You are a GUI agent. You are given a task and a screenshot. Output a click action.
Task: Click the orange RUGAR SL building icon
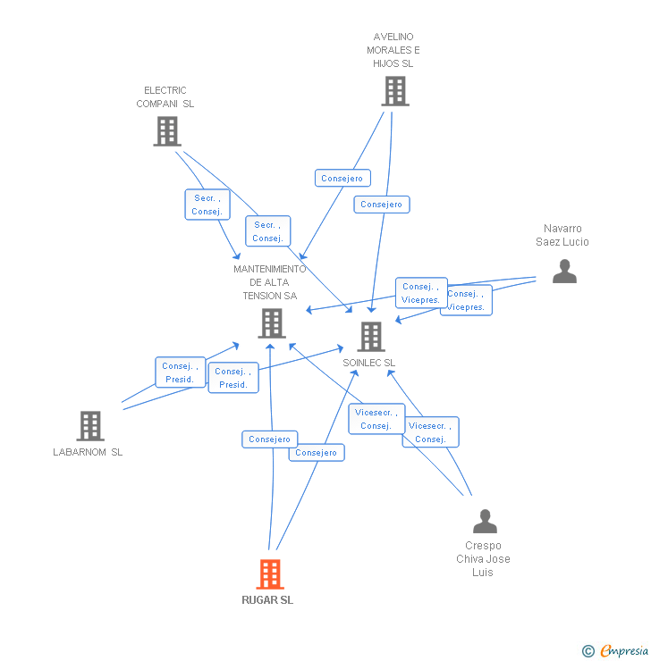pos(270,574)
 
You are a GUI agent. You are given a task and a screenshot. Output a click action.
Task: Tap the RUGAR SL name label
pos(267,600)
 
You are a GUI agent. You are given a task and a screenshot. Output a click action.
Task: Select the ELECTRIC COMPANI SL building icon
pos(166,131)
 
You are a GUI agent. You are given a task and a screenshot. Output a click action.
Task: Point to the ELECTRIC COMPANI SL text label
pos(165,97)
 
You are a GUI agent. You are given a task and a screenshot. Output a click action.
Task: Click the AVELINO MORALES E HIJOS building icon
pos(394,91)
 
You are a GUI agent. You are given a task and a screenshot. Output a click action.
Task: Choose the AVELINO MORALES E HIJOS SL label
pos(393,50)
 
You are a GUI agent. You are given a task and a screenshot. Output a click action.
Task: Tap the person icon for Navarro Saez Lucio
pos(564,271)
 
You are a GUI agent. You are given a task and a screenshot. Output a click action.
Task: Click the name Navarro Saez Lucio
pos(562,235)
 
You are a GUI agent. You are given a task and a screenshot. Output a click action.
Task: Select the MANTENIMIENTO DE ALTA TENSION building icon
pos(272,323)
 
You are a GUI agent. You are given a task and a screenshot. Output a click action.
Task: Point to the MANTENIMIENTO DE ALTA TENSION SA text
pos(270,282)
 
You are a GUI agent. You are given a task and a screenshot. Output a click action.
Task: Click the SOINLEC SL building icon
pos(371,337)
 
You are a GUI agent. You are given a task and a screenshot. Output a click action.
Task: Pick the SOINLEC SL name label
pos(368,363)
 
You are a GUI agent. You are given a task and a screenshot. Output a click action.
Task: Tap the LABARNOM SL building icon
pos(90,426)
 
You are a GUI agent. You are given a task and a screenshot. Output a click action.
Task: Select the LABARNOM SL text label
pos(88,452)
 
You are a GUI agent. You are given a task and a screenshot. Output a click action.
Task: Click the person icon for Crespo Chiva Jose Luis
pos(485,521)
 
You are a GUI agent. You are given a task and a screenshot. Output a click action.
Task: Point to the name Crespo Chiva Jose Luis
pos(483,558)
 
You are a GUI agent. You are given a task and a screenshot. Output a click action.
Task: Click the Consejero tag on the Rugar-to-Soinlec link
pos(316,453)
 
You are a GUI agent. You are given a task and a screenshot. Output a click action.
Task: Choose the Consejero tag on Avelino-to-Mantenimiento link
pos(342,179)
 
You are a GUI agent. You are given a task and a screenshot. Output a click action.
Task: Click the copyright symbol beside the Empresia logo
pos(588,651)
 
